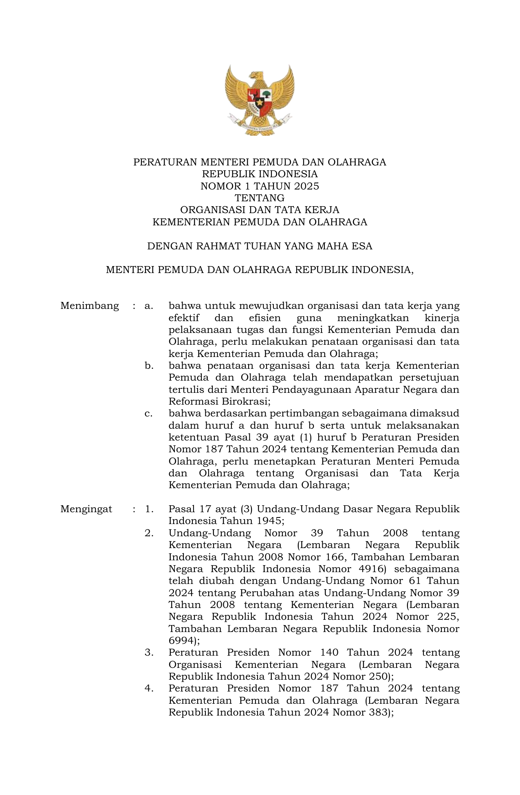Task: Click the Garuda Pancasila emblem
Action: point(260,100)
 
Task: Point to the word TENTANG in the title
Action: point(260,198)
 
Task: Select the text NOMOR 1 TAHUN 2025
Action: point(260,186)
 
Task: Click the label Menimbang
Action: point(90,306)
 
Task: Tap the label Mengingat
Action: point(86,509)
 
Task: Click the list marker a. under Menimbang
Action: point(149,306)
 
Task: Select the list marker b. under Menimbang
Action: point(149,366)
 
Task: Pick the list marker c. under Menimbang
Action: point(149,414)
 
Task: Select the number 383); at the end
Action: point(379,712)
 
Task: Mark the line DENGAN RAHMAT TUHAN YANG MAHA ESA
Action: point(260,246)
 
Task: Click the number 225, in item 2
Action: point(447,617)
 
